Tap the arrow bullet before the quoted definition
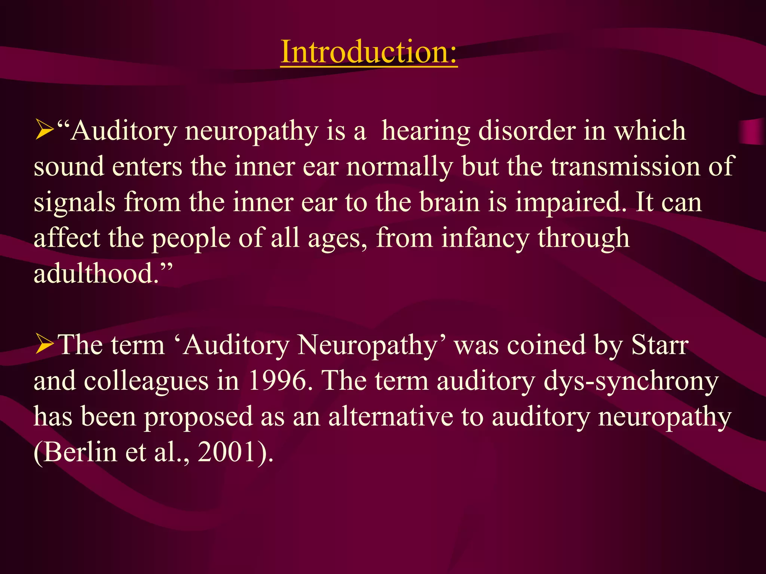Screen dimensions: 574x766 coord(44,131)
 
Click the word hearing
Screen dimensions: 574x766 coord(426,132)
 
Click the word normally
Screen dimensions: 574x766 coord(399,167)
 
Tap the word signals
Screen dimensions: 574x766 coord(74,203)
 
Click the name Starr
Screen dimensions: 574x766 coord(660,345)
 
